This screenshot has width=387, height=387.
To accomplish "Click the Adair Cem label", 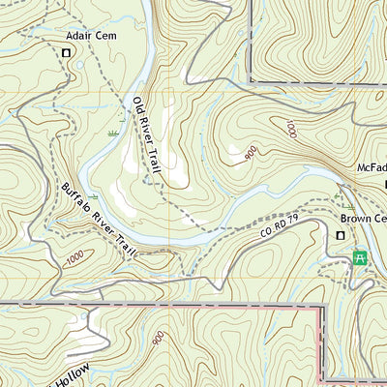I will click(x=84, y=37).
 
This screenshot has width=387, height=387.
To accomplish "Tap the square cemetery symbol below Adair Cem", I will click(x=66, y=53).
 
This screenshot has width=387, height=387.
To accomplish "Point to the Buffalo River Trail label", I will click(x=99, y=220).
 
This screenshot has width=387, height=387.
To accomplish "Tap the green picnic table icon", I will click(x=360, y=257).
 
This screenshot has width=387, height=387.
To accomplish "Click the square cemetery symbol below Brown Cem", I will click(x=341, y=235).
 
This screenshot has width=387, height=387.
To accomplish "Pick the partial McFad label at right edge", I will click(x=372, y=167).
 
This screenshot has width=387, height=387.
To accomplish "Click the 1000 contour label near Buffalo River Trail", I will click(x=74, y=259).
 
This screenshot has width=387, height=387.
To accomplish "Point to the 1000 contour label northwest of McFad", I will click(x=290, y=129).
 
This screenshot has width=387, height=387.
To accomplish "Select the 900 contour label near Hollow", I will click(x=157, y=338).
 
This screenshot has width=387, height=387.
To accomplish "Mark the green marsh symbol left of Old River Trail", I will click(x=114, y=133).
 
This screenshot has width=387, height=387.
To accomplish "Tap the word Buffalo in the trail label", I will click(x=77, y=197).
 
